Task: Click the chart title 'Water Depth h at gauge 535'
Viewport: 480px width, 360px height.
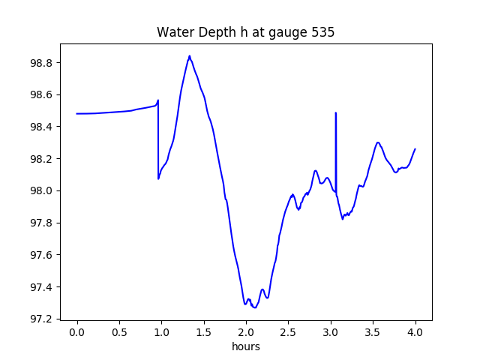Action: (245, 33)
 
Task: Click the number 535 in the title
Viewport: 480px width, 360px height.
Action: (324, 33)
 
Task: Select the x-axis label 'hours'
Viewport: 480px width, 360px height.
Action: (246, 347)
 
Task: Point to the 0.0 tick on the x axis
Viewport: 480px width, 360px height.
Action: (76, 331)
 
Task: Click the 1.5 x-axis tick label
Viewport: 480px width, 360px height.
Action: (204, 331)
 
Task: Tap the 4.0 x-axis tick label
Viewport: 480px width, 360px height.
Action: (415, 331)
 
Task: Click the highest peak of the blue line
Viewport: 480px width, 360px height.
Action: (190, 55)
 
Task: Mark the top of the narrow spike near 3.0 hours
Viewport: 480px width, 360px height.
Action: (335, 113)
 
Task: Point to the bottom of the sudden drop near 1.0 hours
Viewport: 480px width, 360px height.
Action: (158, 178)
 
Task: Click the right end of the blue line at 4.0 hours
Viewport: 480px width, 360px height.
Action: (415, 148)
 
